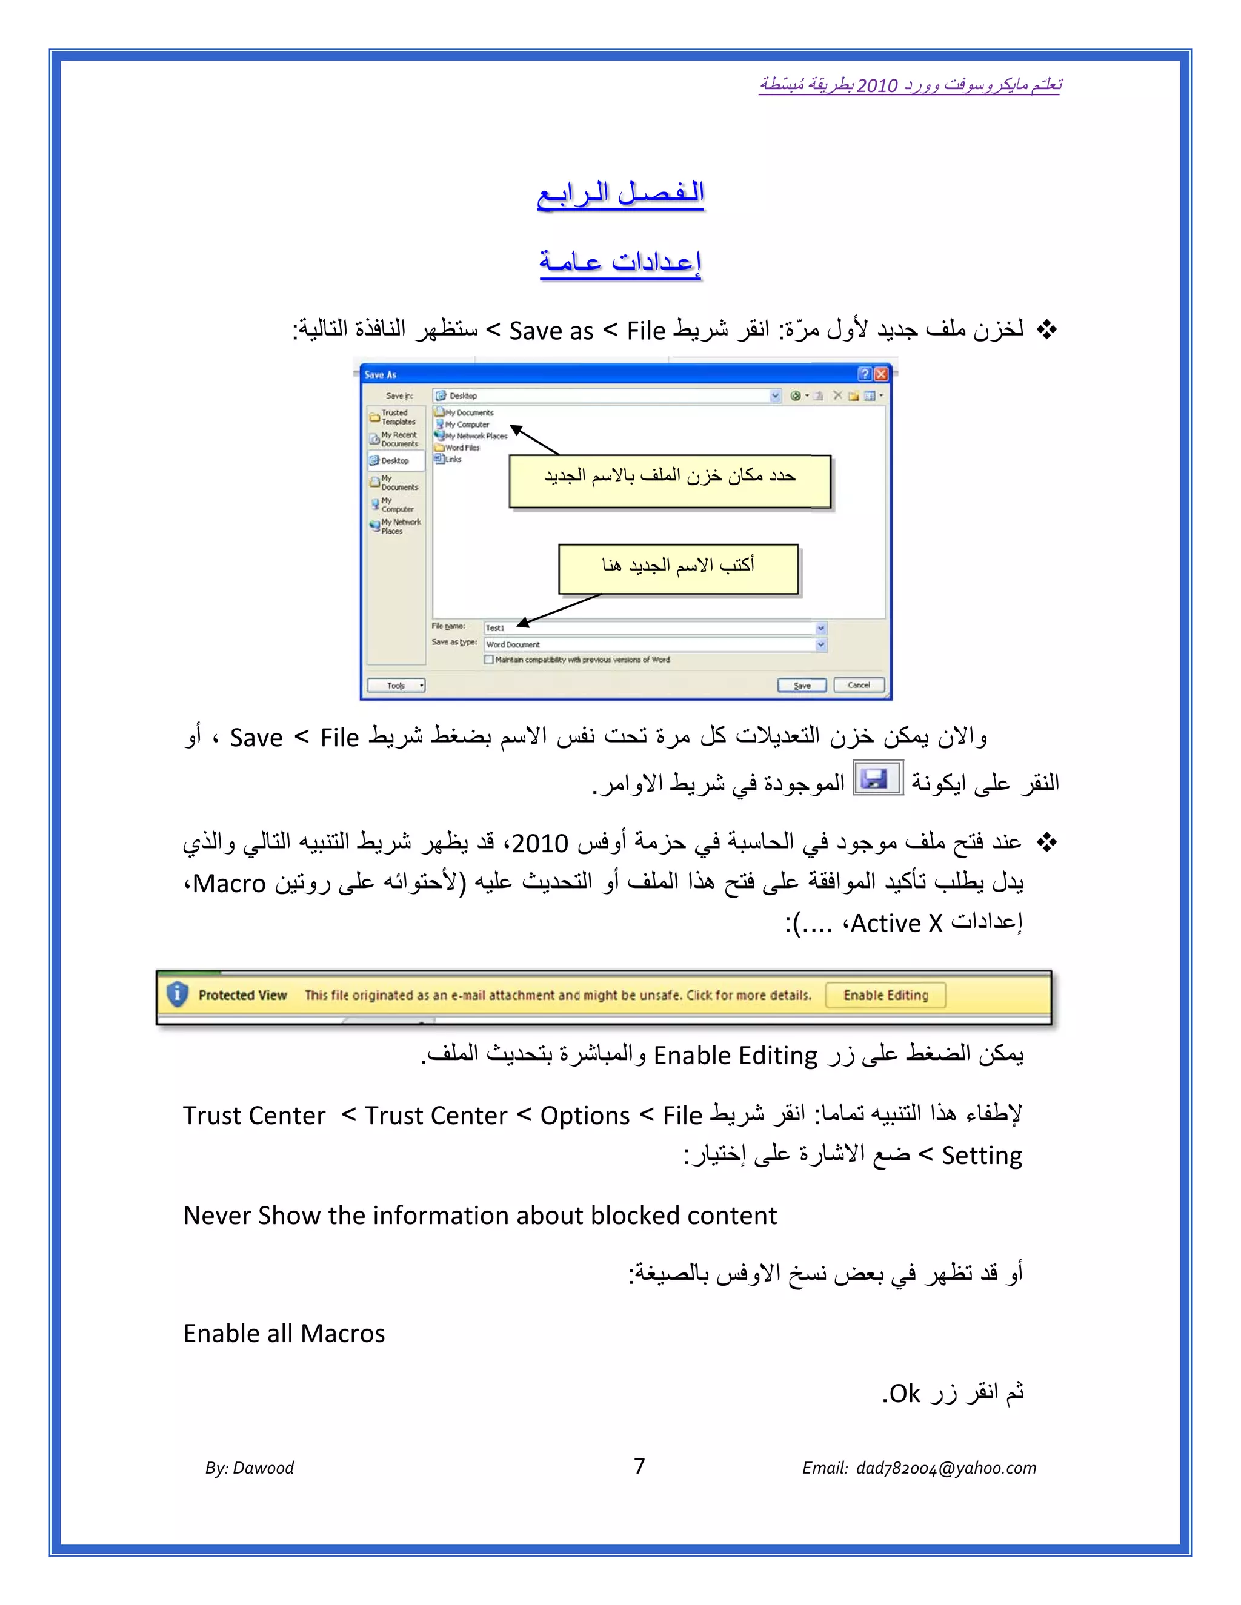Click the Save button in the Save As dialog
[x=802, y=685]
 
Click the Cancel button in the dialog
[x=858, y=685]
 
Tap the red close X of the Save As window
[x=880, y=374]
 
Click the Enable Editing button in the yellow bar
[x=885, y=995]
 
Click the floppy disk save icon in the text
[x=876, y=778]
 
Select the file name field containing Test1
[x=651, y=628]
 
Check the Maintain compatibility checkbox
[x=489, y=659]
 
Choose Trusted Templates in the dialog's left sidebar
[x=396, y=417]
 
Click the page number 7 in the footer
[x=639, y=1466]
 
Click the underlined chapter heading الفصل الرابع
[x=620, y=193]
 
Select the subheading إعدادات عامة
[x=620, y=261]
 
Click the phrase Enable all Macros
[x=284, y=1333]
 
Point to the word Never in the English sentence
[x=217, y=1216]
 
